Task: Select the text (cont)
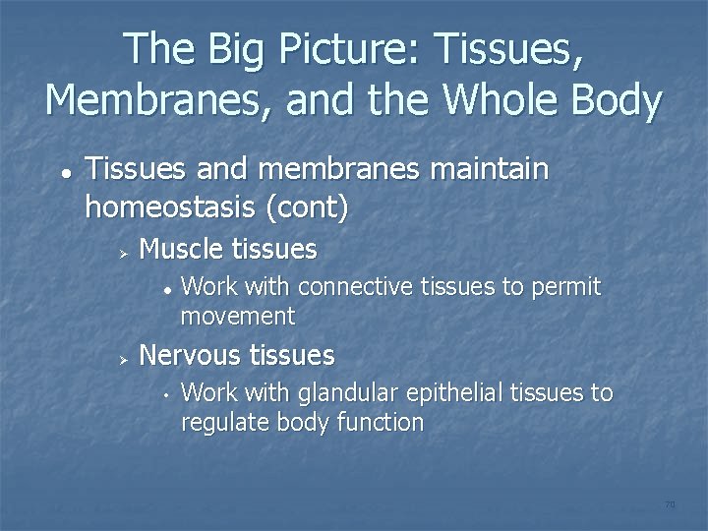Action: pyautogui.click(x=314, y=207)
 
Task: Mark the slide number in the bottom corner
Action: pyautogui.click(x=670, y=504)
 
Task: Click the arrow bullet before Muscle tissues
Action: pyautogui.click(x=123, y=253)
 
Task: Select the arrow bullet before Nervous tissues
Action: pyautogui.click(x=123, y=357)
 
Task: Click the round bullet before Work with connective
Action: pyautogui.click(x=168, y=290)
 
